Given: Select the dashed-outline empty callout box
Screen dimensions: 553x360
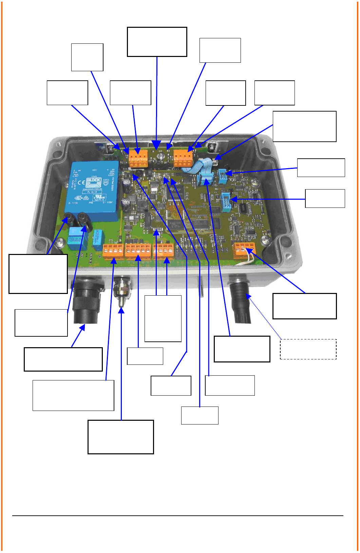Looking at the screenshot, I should (308, 349).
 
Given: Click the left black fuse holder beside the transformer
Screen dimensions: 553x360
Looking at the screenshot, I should (70, 219).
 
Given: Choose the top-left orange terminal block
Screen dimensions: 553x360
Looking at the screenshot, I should (138, 159).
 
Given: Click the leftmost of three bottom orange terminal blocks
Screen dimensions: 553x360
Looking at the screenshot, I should (113, 251).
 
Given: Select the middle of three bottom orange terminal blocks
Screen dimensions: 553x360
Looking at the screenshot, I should (138, 251).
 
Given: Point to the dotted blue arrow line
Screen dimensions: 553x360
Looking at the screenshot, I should (265, 318).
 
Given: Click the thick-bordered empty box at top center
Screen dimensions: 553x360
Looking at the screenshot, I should (157, 42).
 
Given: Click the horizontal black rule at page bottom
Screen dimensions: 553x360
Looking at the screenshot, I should (178, 515).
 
